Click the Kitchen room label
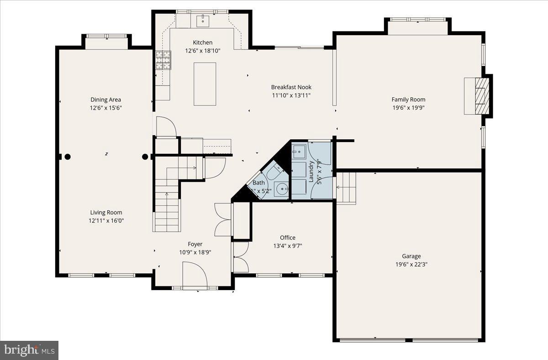pyautogui.click(x=202, y=42)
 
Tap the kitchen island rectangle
pyautogui.click(x=205, y=84)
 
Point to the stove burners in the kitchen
pyautogui.click(x=162, y=60)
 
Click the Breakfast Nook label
pyautogui.click(x=291, y=87)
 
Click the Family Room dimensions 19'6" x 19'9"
pyautogui.click(x=408, y=108)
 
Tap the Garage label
pyautogui.click(x=411, y=256)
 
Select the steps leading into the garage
pyautogui.click(x=346, y=188)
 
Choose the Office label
pyautogui.click(x=287, y=238)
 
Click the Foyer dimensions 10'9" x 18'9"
pyautogui.click(x=195, y=252)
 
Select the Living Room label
pyautogui.click(x=106, y=212)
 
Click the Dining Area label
pyautogui.click(x=105, y=100)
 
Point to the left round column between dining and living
pyautogui.click(x=68, y=157)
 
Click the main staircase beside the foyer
pyautogui.click(x=166, y=206)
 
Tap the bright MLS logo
pyautogui.click(x=29, y=350)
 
